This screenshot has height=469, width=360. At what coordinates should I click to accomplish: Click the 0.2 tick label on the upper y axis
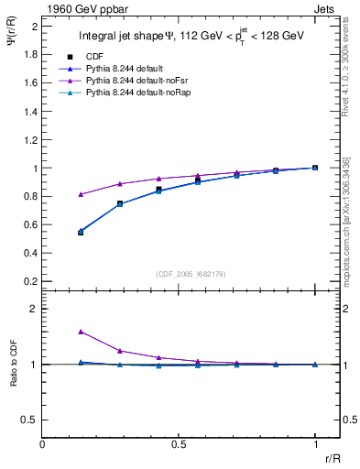30,281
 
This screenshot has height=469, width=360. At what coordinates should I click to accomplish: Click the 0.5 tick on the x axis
179,443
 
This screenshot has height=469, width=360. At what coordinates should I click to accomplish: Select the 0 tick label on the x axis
43,443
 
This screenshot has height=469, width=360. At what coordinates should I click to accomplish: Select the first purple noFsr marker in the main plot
81,194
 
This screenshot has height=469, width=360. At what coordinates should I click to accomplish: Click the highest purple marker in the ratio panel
81,332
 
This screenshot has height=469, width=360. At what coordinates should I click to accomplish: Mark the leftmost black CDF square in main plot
81,232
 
